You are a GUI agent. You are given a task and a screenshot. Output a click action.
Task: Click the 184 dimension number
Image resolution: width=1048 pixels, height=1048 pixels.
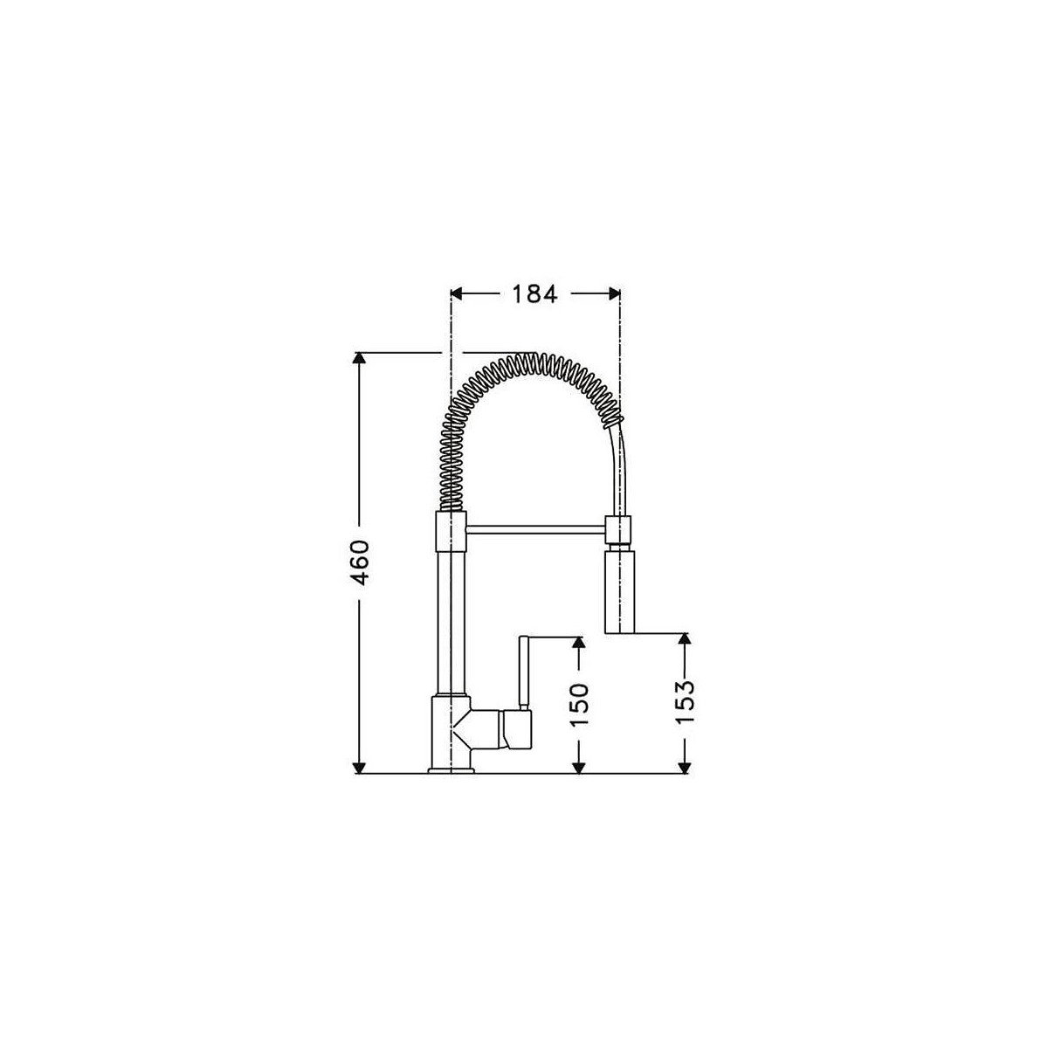[534, 294]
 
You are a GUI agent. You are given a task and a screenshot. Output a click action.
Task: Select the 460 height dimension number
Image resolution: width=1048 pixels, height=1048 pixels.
[360, 563]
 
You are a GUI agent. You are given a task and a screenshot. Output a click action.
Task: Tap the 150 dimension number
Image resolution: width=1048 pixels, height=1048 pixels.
[580, 705]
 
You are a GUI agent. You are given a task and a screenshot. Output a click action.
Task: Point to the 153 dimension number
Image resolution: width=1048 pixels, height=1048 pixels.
[686, 701]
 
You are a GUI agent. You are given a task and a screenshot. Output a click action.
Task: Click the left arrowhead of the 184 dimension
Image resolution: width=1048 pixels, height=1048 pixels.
[457, 294]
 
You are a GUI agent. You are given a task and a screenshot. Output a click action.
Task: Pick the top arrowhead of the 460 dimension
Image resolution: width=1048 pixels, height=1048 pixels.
[358, 358]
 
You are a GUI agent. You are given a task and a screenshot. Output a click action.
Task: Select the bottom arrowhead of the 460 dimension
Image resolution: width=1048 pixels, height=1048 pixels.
[358, 767]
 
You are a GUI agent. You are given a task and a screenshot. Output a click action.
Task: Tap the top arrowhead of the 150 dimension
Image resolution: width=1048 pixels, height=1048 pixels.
[580, 642]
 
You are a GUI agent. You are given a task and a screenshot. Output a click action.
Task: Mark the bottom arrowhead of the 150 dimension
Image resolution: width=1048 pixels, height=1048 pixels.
[580, 767]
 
